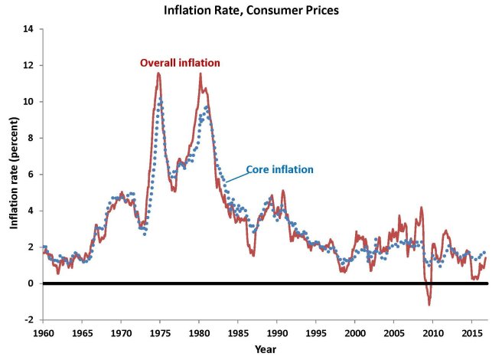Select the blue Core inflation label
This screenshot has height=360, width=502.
279,169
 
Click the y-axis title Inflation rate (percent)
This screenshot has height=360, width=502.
15,175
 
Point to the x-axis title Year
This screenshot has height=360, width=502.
266,349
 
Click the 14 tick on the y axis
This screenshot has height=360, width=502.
29,29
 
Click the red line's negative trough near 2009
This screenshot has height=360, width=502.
429,304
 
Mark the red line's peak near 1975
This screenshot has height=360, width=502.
158,73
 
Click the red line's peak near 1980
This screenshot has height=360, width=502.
200,74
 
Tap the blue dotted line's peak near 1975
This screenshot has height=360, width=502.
161,99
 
